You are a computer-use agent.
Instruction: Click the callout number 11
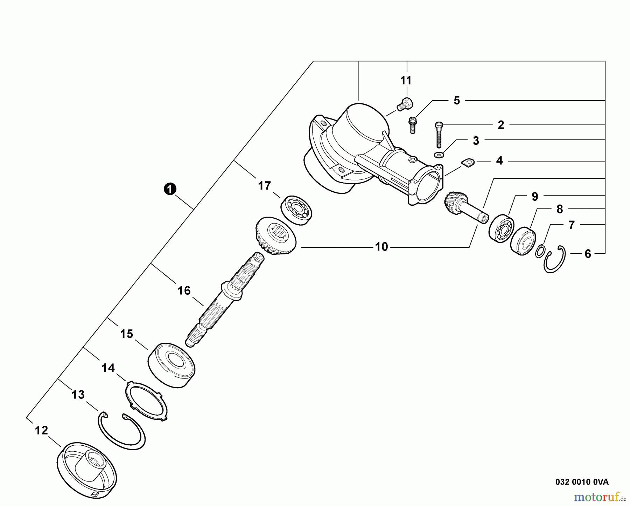pyautogui.click(x=406, y=80)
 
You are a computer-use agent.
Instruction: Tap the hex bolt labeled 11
pyautogui.click(x=405, y=104)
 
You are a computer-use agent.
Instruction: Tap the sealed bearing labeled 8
pyautogui.click(x=523, y=240)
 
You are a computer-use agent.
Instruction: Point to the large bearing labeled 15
pyautogui.click(x=171, y=365)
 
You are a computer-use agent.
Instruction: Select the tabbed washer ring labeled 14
pyautogui.click(x=146, y=401)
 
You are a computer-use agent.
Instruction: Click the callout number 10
pyautogui.click(x=381, y=247)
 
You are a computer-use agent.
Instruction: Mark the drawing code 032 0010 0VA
pyautogui.click(x=582, y=482)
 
